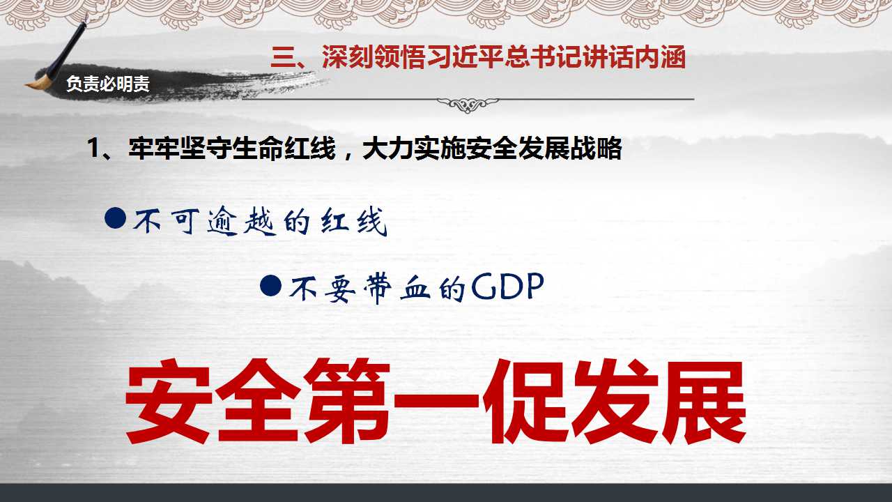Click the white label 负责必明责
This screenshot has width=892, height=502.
108,84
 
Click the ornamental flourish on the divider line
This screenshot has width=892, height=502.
468,105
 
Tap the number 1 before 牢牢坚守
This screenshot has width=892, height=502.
94,149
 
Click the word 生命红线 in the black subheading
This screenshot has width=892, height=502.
284,149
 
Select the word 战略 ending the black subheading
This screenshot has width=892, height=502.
596,149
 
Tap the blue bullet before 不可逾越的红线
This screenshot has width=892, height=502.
116,218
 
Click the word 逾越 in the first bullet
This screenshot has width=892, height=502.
241,221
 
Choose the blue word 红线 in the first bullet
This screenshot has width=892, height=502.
353,221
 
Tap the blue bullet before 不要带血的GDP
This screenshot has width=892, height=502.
271,285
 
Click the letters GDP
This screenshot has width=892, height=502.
507,286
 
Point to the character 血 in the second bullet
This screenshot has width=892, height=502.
415,288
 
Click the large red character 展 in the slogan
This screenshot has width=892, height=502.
703,400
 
